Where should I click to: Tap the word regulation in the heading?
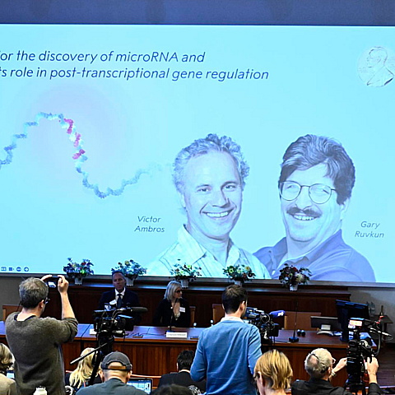[x=239, y=75]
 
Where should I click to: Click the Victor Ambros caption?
[x=149, y=224]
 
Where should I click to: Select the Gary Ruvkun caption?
[x=369, y=229]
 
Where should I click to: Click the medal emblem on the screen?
[x=374, y=67]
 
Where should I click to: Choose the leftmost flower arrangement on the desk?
[x=78, y=268]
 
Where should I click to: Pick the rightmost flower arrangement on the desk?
[x=294, y=275]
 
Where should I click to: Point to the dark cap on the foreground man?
[x=116, y=360]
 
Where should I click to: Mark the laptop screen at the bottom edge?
[x=139, y=385]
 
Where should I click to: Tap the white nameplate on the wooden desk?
[x=176, y=334]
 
